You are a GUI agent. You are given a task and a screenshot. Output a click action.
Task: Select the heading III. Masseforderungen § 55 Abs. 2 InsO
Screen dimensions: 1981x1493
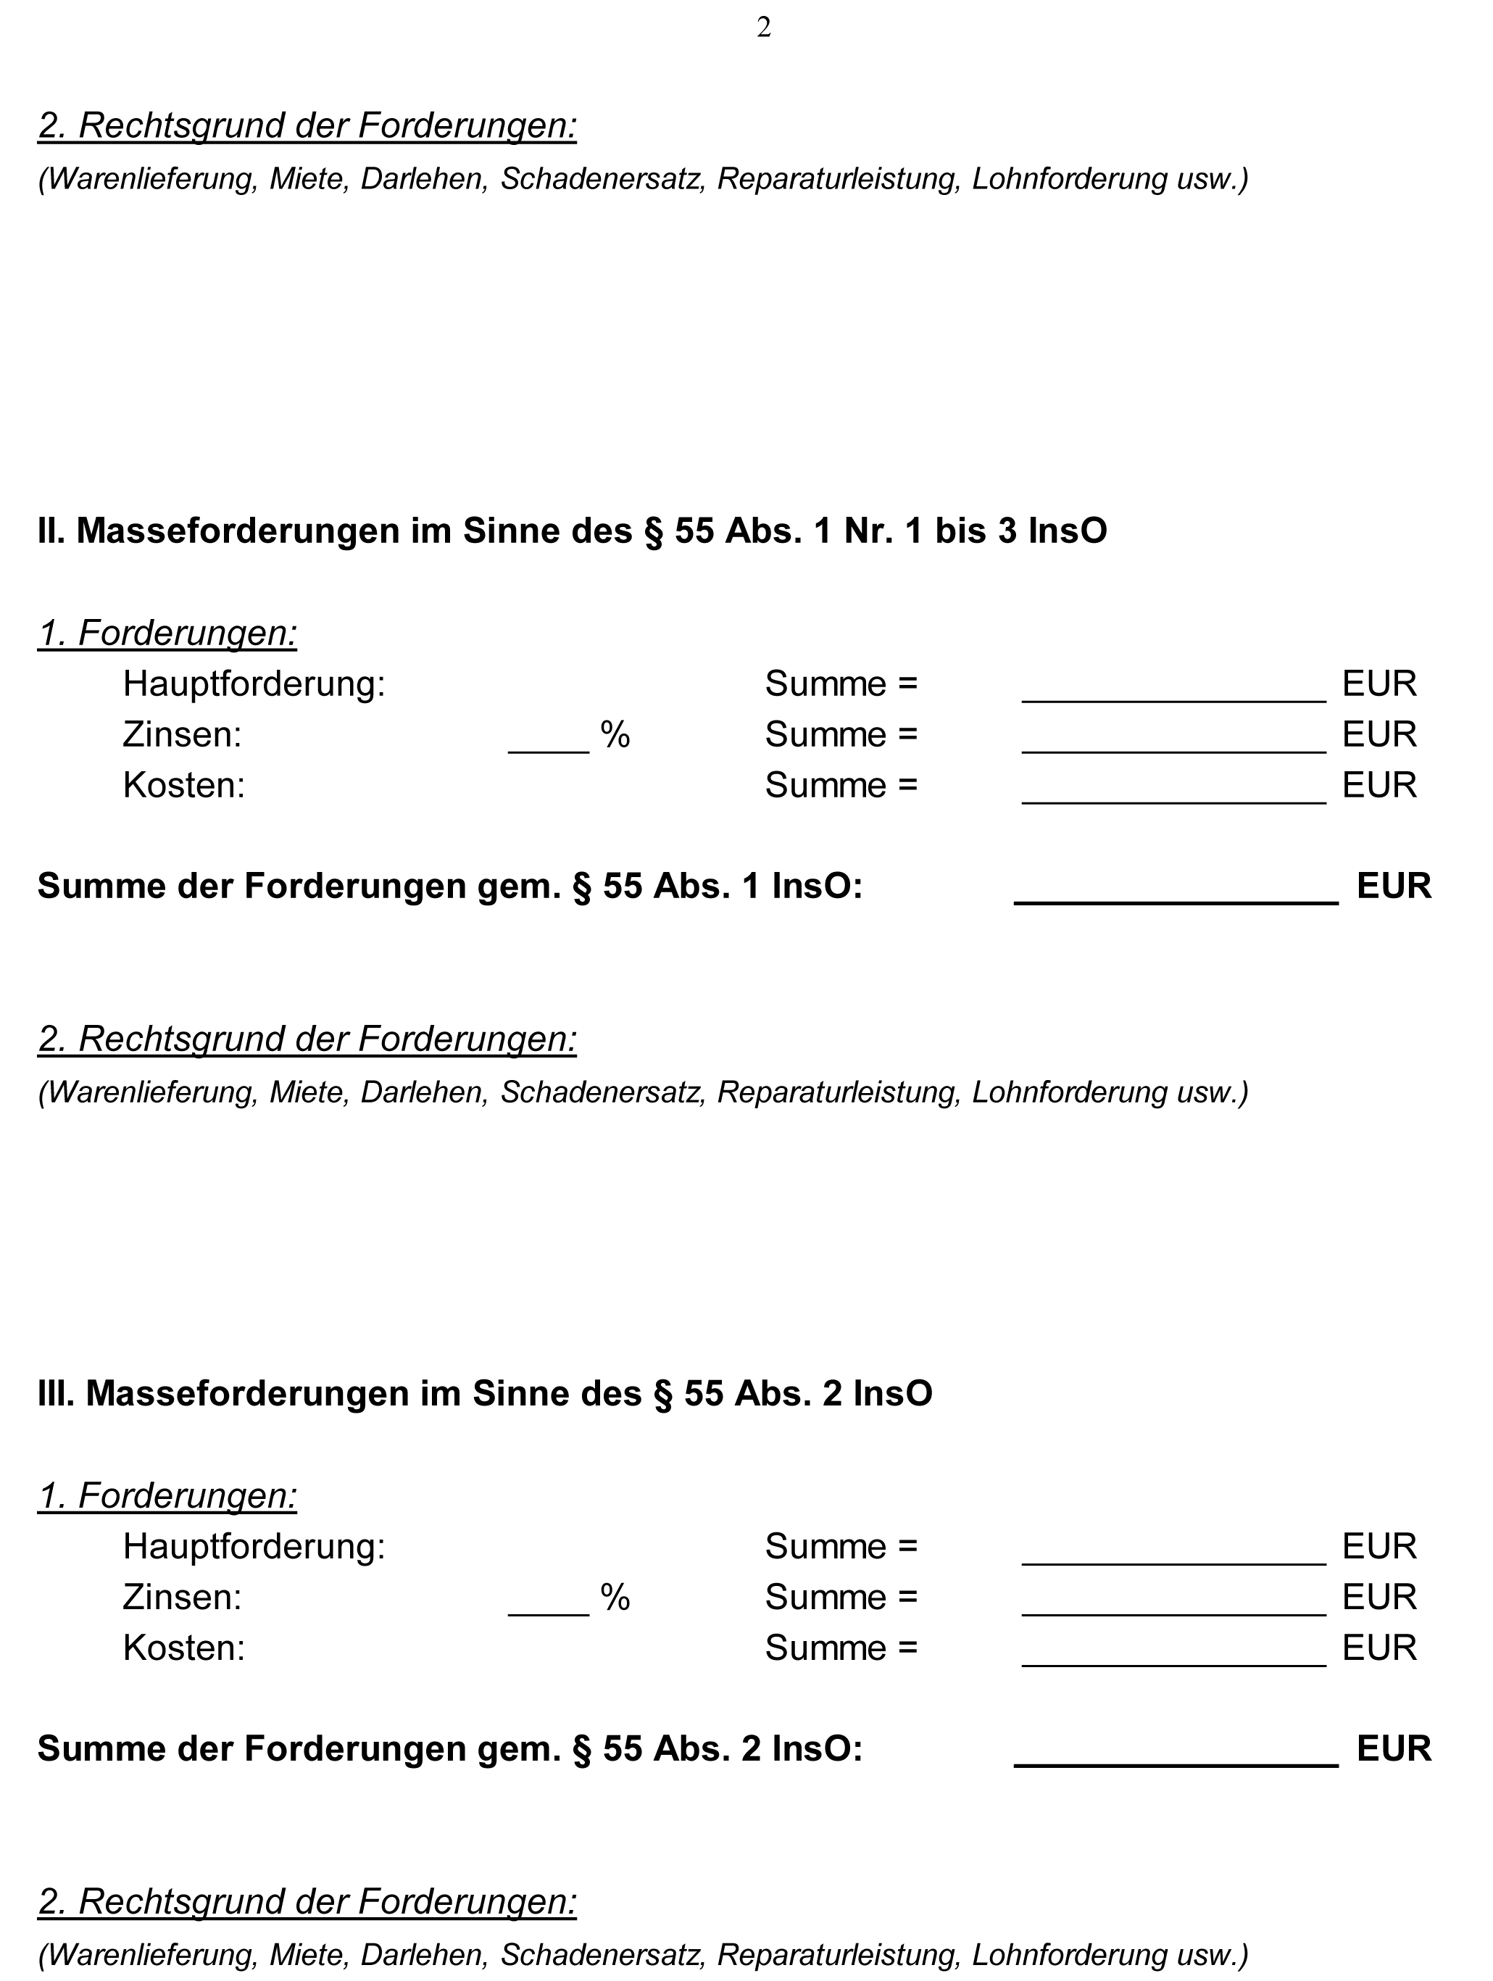pos(485,1393)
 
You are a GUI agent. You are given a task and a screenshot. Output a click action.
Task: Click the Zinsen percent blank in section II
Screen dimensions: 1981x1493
pos(548,742)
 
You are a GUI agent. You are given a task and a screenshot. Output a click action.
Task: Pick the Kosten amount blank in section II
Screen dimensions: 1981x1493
pos(1173,792)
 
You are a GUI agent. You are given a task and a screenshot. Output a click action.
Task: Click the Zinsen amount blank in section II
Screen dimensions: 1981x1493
pos(1173,742)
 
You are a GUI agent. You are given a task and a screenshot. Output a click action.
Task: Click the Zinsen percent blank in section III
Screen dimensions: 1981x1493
pos(548,1604)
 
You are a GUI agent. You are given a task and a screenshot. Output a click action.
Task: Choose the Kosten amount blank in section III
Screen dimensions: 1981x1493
pos(1173,1655)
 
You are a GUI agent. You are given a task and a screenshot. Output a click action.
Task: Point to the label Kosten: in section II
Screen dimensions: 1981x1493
pos(183,786)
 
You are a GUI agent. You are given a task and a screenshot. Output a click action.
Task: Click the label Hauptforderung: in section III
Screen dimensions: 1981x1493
pos(254,1547)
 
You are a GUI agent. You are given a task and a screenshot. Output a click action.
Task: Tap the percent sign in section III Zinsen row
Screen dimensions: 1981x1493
pos(615,1598)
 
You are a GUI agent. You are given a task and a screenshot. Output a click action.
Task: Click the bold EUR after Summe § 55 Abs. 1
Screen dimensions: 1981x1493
pos(1394,886)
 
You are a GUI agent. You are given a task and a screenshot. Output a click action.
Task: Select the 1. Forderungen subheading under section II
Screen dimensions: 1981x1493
pos(167,634)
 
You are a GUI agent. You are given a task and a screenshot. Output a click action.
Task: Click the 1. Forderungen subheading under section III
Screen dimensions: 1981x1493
pos(167,1495)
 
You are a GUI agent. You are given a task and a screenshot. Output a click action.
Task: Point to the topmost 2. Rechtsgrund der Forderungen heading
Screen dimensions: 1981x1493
pos(307,126)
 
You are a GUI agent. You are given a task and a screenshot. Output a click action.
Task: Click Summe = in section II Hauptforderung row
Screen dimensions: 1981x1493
pos(841,684)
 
